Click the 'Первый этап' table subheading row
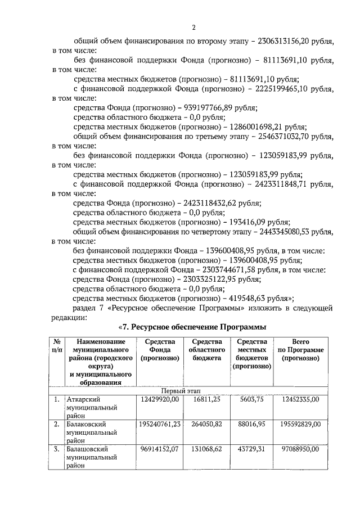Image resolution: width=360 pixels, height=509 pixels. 180,390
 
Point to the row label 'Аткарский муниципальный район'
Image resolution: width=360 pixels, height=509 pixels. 91,407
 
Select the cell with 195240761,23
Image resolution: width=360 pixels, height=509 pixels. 159,424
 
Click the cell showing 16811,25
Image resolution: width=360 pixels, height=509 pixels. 208,399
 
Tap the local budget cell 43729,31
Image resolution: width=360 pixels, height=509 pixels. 251,450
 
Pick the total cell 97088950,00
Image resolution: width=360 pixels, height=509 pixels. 299,450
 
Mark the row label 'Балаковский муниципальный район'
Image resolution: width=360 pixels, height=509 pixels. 91,433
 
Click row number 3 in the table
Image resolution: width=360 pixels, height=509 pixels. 57,450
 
